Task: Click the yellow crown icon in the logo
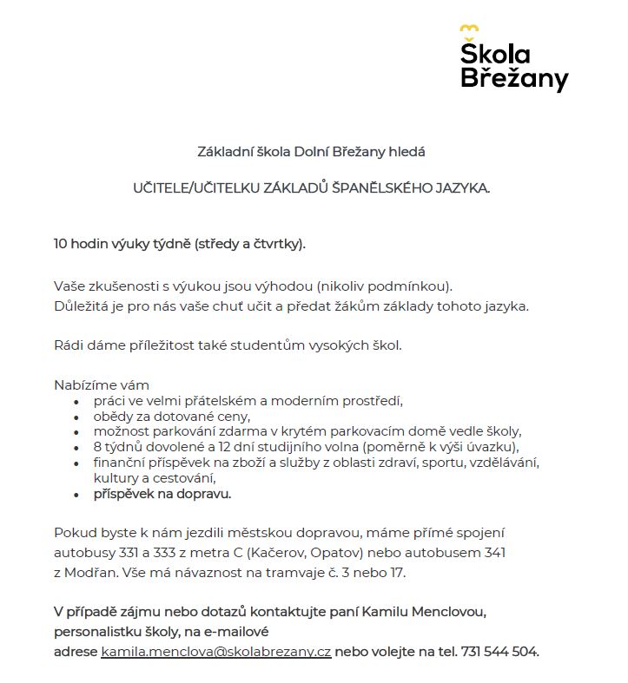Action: (x=469, y=30)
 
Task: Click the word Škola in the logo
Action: (x=495, y=54)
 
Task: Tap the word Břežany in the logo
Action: (x=513, y=79)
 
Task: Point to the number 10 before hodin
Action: (x=61, y=243)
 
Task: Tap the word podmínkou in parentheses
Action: (x=414, y=286)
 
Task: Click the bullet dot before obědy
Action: (x=76, y=417)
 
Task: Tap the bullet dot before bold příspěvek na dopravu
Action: (x=76, y=495)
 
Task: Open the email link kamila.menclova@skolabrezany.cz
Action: (x=216, y=652)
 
